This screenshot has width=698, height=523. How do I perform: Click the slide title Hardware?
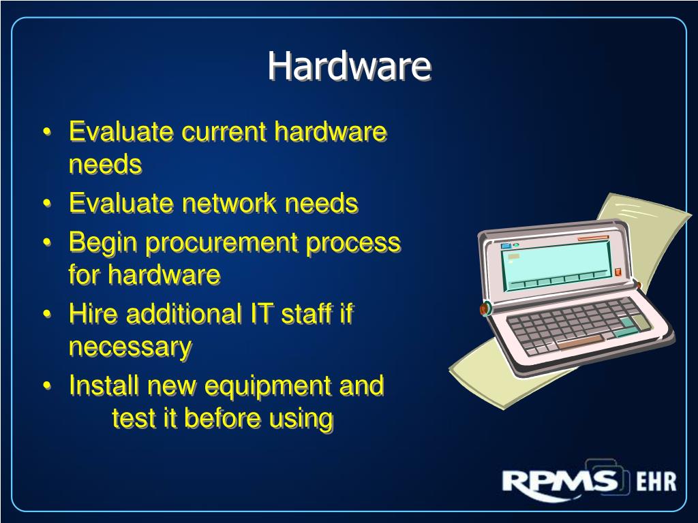coord(349,66)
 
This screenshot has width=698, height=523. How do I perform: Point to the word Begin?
coord(103,242)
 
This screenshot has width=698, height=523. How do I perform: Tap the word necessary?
coord(130,347)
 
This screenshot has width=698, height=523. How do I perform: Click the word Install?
coord(104,385)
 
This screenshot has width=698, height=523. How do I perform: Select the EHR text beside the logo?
coord(656,482)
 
